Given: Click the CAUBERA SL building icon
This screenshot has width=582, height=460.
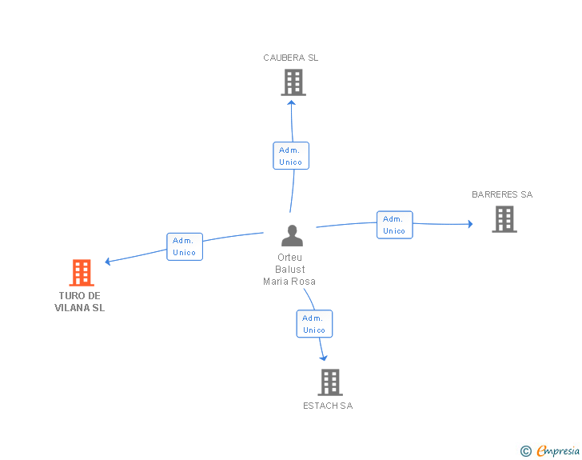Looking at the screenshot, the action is point(293,82).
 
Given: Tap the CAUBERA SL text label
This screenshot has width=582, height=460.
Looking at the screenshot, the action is point(291,58).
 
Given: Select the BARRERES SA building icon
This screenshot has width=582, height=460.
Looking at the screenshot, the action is point(504,219).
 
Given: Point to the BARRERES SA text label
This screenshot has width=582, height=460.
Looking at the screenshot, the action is point(502,194).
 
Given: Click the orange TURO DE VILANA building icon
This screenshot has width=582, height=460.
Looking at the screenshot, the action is point(82,273).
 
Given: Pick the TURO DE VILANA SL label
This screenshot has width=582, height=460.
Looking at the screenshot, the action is point(80,302).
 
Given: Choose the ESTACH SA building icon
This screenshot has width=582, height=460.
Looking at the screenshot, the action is point(330,382).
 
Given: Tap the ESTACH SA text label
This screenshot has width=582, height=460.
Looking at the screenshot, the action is point(328,406).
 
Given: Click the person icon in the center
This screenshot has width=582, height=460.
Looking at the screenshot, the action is point(292,235).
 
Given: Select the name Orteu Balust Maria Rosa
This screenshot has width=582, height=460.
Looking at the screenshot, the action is point(289,270).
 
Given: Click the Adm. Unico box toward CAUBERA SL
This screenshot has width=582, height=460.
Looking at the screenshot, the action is point(291,156).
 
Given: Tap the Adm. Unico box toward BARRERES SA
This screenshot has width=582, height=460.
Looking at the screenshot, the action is point(395,225).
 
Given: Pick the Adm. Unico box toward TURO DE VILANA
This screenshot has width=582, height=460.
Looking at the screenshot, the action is point(185,246).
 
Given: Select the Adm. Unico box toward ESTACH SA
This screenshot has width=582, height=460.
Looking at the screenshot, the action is point(314,324).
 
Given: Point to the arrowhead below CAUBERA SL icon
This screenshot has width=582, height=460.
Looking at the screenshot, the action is point(291,103).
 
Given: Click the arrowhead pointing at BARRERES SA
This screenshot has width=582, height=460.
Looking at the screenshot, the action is point(470,224).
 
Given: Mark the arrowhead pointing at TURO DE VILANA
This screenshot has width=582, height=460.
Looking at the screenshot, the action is point(108,262).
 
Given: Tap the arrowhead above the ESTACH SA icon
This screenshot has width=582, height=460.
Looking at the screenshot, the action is point(324,358).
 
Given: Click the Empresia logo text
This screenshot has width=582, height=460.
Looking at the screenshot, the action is point(558,451).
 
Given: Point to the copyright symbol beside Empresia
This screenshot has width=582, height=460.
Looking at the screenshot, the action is point(526,451).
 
